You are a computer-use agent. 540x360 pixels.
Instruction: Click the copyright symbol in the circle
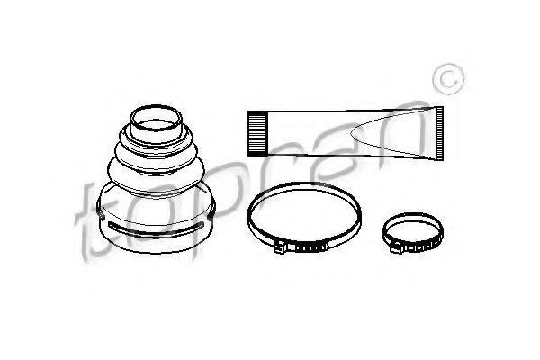pos(448,79)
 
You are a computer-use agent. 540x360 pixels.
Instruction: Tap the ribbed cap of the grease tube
pos(257,133)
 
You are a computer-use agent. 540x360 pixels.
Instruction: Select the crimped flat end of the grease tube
pos(439,134)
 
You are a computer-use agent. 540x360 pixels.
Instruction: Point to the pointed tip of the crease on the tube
pos(352,133)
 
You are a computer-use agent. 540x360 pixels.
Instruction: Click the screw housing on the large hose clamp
pos(280,247)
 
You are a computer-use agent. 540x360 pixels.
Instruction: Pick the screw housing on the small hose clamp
pos(396,248)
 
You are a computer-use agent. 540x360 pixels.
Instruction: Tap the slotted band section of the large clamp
pos(309,247)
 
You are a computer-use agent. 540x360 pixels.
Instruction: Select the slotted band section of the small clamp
pos(422,247)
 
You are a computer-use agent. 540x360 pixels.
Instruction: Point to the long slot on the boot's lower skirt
pos(156,229)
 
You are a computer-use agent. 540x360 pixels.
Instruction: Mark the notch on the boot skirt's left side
pos(100,213)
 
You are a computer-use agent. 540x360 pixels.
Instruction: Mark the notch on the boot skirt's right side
pos(211,213)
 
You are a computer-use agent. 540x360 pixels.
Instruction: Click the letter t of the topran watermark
pos(93,221)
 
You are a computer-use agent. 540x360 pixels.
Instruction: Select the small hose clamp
pos(413,232)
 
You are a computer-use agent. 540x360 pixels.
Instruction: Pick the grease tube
pos(346,134)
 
